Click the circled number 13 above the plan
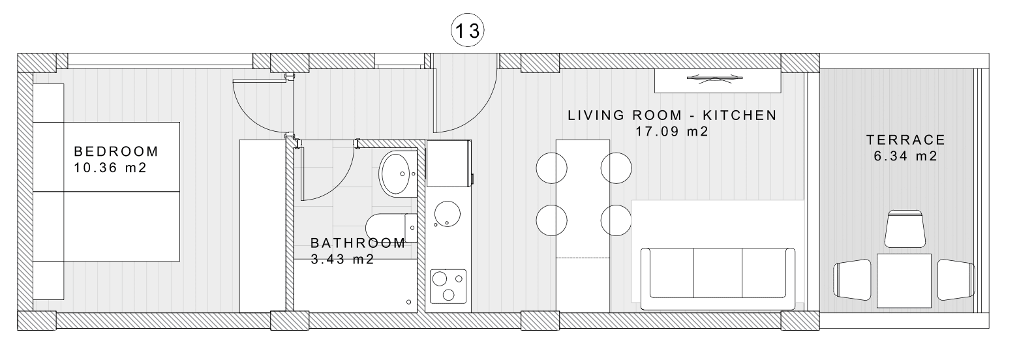coord(467,31)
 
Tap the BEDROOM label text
coord(116,151)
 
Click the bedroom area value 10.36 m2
coord(110,168)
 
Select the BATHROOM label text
coord(357,243)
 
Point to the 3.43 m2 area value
coord(342,260)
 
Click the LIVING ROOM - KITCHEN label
coord(672,115)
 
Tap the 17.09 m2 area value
coord(672,132)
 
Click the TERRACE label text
coord(905,140)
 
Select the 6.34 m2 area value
coord(905,157)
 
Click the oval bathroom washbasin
coord(397,173)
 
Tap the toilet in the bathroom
coord(391,228)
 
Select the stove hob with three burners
coord(448,286)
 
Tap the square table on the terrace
coord(904,281)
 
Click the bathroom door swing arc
coord(341,183)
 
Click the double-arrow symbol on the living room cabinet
coord(715,79)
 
